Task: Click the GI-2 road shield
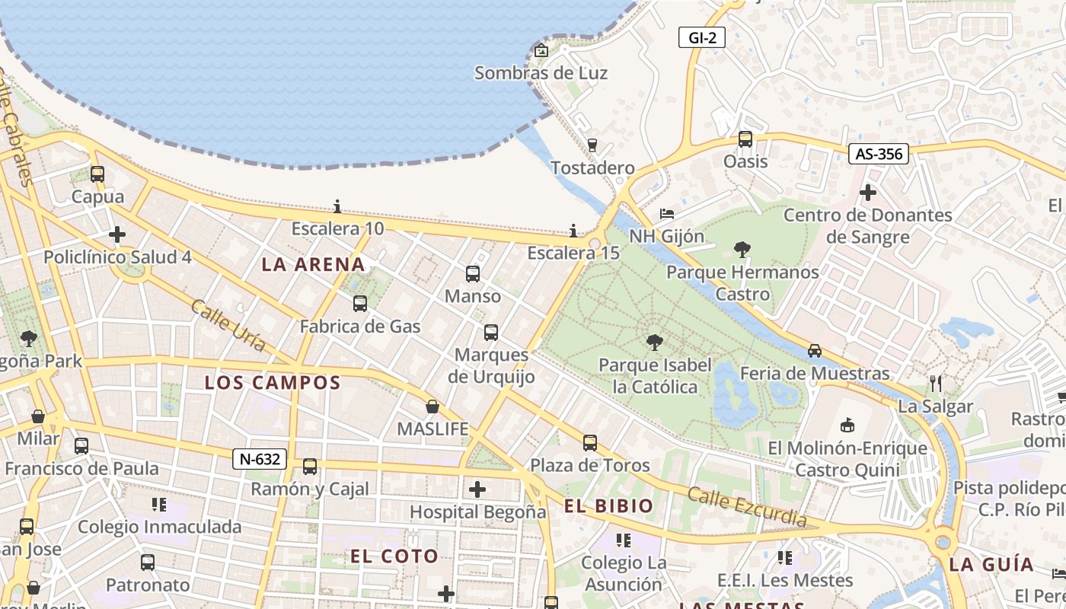click(x=701, y=37)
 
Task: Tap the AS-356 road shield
click(x=879, y=154)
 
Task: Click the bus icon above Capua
click(x=97, y=174)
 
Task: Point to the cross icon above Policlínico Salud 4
click(x=117, y=234)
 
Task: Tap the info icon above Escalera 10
click(x=337, y=206)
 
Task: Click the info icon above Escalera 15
click(x=573, y=231)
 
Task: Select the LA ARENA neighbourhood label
click(x=314, y=265)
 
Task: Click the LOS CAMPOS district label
click(x=273, y=383)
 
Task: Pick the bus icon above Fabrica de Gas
click(x=360, y=304)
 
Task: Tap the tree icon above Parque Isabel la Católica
click(x=654, y=343)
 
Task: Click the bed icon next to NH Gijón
click(x=667, y=214)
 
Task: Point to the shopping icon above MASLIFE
click(x=432, y=407)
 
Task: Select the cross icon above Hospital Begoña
click(x=477, y=489)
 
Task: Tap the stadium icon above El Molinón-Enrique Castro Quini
click(x=847, y=425)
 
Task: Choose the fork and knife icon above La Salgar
click(x=936, y=384)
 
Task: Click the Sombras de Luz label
click(x=541, y=73)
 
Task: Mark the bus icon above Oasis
click(x=745, y=139)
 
